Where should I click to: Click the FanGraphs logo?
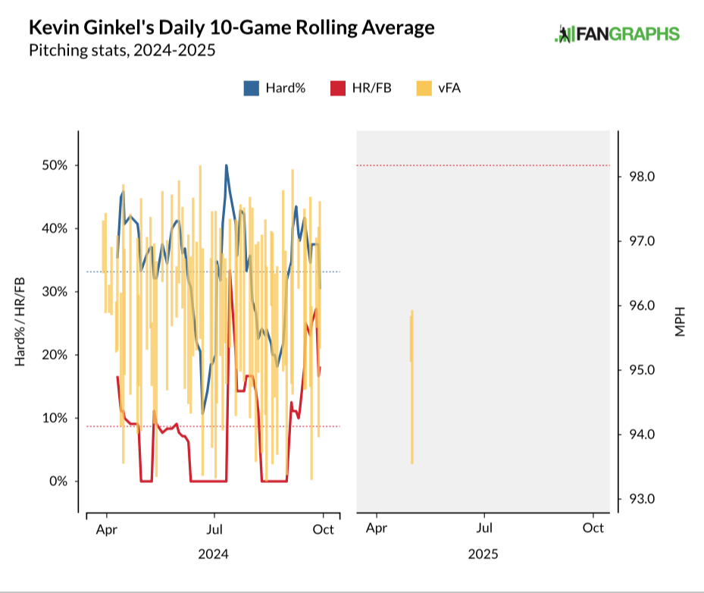point(618,34)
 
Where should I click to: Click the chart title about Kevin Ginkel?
point(231,28)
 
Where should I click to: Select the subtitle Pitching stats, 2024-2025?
point(122,52)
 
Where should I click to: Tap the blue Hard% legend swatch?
point(252,88)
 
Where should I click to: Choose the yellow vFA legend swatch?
point(423,88)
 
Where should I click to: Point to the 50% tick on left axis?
point(55,165)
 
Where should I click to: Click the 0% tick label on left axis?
point(58,481)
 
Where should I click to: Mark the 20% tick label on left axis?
point(55,355)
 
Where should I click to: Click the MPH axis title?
point(680,322)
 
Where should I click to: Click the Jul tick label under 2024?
point(214,528)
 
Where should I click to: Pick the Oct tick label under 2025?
point(593,528)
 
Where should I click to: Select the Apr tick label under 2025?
point(377,528)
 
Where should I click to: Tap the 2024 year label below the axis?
point(213,554)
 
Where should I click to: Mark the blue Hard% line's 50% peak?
point(226,166)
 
